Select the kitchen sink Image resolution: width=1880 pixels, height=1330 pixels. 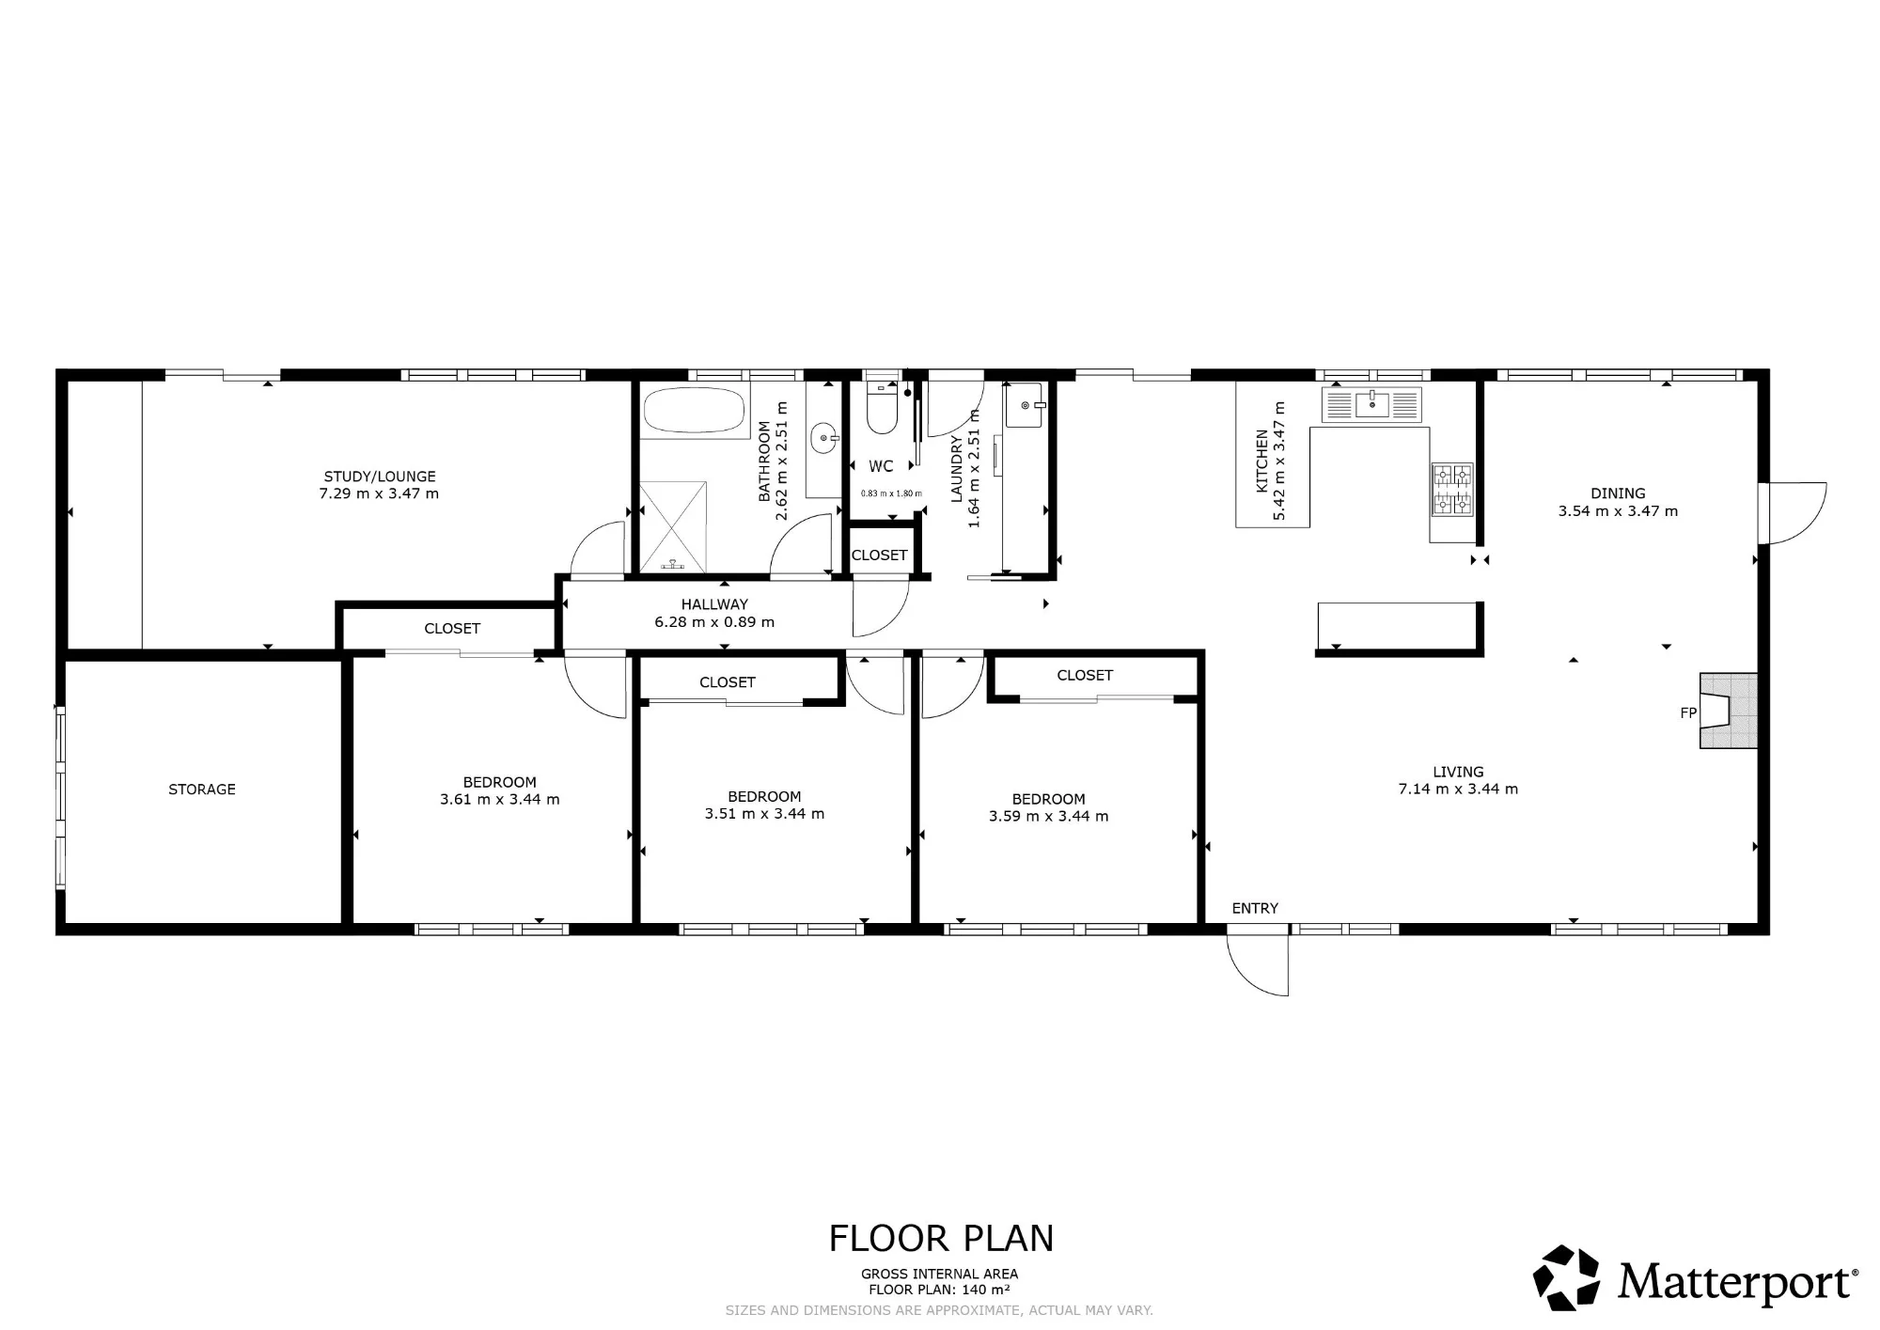(1371, 404)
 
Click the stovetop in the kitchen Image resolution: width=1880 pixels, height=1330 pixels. (1451, 490)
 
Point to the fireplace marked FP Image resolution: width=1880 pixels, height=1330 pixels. (1728, 711)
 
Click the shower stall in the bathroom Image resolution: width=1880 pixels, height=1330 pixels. (672, 526)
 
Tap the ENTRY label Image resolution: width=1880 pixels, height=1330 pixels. (1255, 908)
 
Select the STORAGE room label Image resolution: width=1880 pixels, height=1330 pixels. (202, 790)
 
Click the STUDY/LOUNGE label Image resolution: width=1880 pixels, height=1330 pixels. (380, 477)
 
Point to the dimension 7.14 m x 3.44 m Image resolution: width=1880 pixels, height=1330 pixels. (1458, 790)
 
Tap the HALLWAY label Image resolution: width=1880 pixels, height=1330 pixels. (714, 604)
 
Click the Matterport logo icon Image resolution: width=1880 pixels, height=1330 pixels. (1567, 1277)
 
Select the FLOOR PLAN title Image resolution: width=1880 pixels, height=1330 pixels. (941, 1239)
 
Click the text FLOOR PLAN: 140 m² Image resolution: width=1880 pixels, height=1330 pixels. (939, 1290)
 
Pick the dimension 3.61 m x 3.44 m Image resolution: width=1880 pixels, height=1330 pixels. (499, 800)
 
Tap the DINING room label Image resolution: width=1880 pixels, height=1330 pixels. (1618, 493)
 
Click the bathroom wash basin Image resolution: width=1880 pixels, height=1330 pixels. (823, 437)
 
